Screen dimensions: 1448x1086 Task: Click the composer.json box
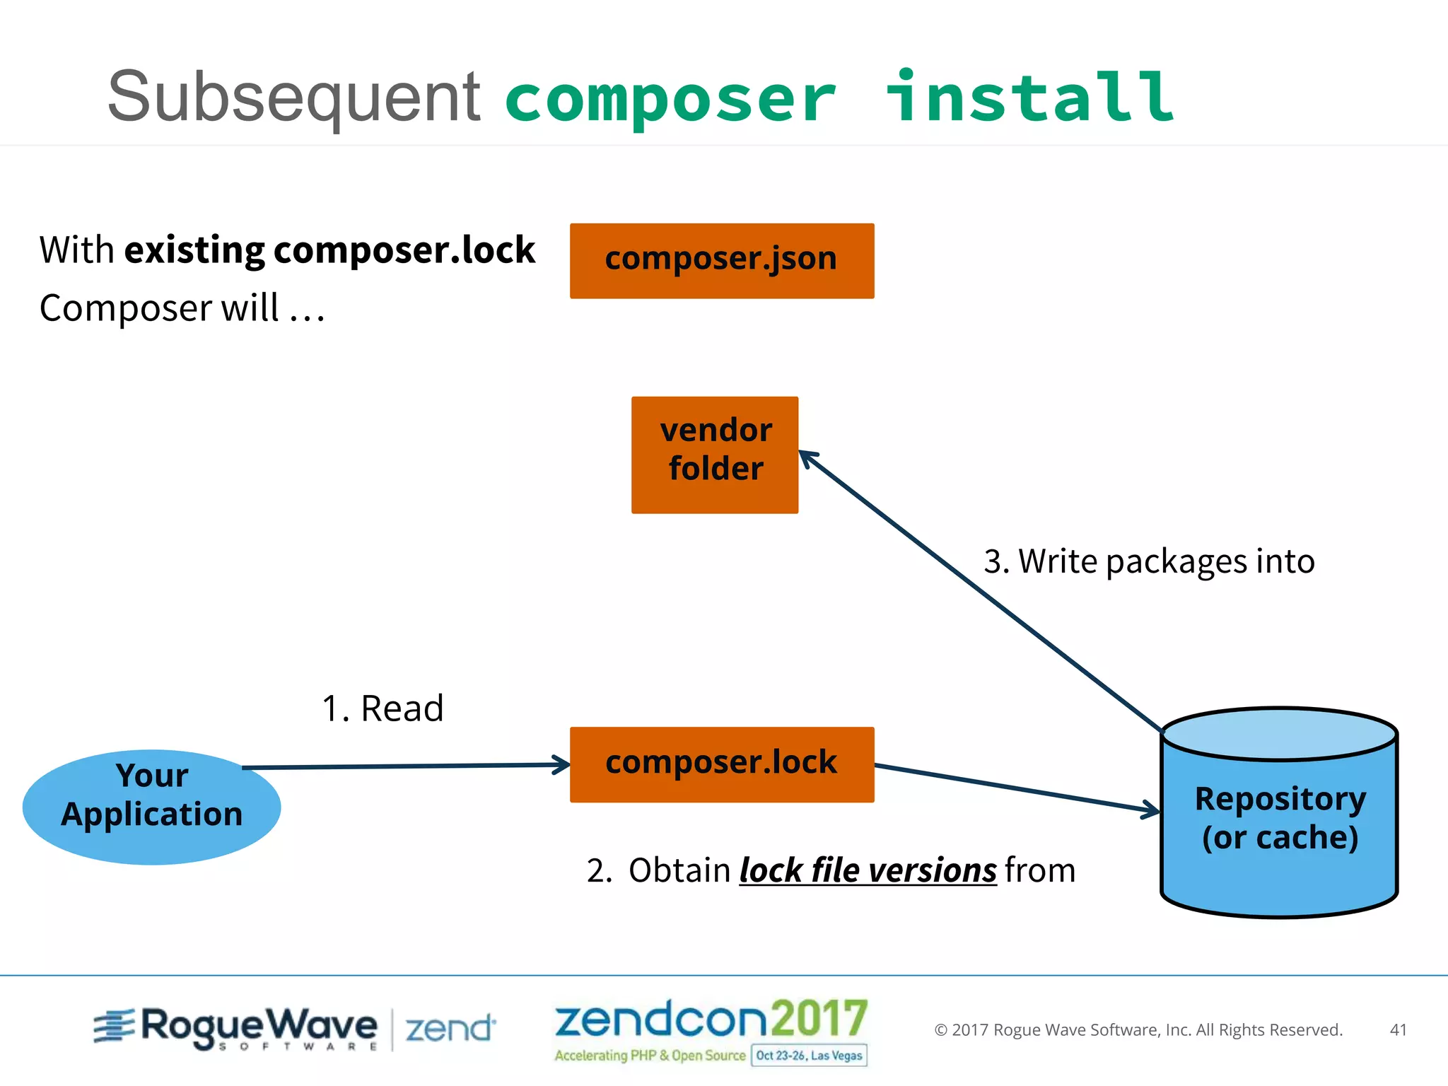pyautogui.click(x=722, y=261)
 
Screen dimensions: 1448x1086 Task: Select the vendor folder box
pyautogui.click(x=715, y=455)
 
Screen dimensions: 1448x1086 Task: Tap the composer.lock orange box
pyautogui.click(x=722, y=764)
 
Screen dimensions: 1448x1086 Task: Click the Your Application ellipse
pyautogui.click(x=151, y=807)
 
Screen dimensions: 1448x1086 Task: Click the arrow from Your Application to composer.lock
pyautogui.click(x=406, y=766)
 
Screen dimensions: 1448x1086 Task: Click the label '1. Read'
pyautogui.click(x=383, y=708)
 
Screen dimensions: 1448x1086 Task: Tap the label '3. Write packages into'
pyautogui.click(x=1149, y=561)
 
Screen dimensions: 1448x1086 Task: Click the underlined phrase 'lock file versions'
pyautogui.click(x=868, y=870)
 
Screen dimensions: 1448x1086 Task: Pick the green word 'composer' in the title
pyautogui.click(x=670, y=100)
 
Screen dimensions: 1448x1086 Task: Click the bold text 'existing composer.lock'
pyautogui.click(x=329, y=250)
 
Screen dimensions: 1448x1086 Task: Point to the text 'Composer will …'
pyautogui.click(x=182, y=308)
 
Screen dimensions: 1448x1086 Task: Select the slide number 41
pyautogui.click(x=1398, y=1030)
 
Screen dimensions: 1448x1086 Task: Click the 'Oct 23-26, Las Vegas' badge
pyautogui.click(x=809, y=1056)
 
